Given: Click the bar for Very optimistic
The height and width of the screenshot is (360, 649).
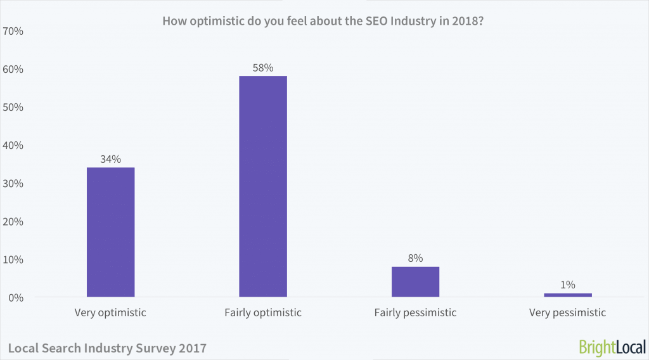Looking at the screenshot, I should tap(110, 232).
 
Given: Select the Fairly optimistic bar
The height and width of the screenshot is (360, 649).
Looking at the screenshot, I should tap(263, 186).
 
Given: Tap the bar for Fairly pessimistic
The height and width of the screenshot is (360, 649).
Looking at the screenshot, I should tap(415, 281).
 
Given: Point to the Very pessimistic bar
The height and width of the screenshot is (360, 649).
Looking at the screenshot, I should tap(567, 295).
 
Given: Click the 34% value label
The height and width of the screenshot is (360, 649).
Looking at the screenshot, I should tap(110, 159).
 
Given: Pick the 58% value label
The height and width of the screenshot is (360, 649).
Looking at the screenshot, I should tap(263, 68).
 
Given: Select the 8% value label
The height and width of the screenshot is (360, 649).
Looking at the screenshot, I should tap(415, 258).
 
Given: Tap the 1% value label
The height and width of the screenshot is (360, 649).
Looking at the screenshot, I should tap(567, 285).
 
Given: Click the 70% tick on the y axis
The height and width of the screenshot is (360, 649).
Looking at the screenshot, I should tap(13, 30).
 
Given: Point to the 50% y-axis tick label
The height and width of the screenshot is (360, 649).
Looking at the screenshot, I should tap(13, 106).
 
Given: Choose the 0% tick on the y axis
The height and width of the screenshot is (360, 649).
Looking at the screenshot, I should tap(16, 297).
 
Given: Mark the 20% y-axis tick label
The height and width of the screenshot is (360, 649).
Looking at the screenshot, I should tap(13, 221).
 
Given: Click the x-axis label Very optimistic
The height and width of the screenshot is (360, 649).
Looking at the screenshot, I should tap(110, 312).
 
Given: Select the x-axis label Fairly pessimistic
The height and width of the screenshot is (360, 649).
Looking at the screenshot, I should tap(415, 312).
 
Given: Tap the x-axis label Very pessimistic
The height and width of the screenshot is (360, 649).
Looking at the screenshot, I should tap(567, 312).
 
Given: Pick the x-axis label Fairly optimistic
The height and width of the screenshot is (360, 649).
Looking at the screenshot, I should tap(263, 312).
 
